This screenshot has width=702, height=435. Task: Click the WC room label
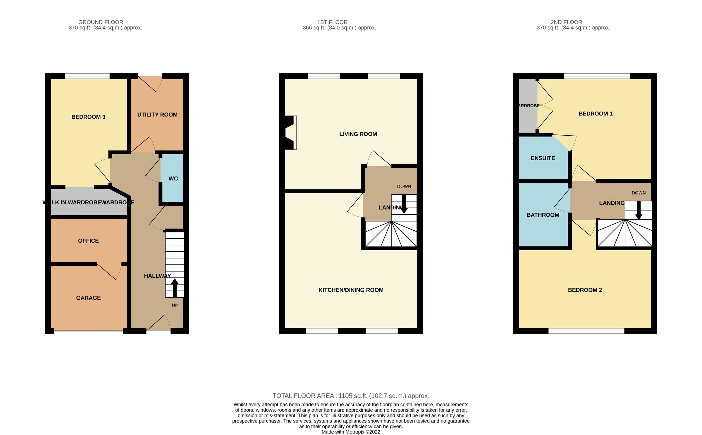click(173, 179)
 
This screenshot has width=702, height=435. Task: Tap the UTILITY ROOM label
click(157, 115)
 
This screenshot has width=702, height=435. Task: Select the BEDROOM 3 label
click(88, 117)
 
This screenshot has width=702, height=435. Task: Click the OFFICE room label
click(88, 241)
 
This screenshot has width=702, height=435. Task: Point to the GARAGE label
click(88, 298)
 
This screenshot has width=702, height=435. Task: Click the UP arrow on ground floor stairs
click(175, 288)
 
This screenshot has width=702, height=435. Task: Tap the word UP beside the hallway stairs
click(175, 305)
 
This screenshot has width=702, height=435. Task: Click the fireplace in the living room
click(290, 133)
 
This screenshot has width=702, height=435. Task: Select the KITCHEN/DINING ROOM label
click(351, 290)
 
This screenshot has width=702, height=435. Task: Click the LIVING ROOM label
click(358, 134)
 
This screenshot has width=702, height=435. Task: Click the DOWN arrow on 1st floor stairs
click(404, 204)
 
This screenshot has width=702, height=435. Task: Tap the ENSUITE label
click(543, 158)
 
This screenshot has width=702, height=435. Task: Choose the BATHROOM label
click(543, 215)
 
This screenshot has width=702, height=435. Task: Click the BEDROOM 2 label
click(585, 290)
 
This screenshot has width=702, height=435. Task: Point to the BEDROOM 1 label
click(595, 114)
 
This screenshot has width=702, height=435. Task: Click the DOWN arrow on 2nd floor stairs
click(639, 210)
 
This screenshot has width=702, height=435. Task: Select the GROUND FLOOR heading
click(101, 22)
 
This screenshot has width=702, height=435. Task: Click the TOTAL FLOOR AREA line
click(351, 396)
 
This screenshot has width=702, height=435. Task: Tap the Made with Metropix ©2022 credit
click(351, 432)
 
